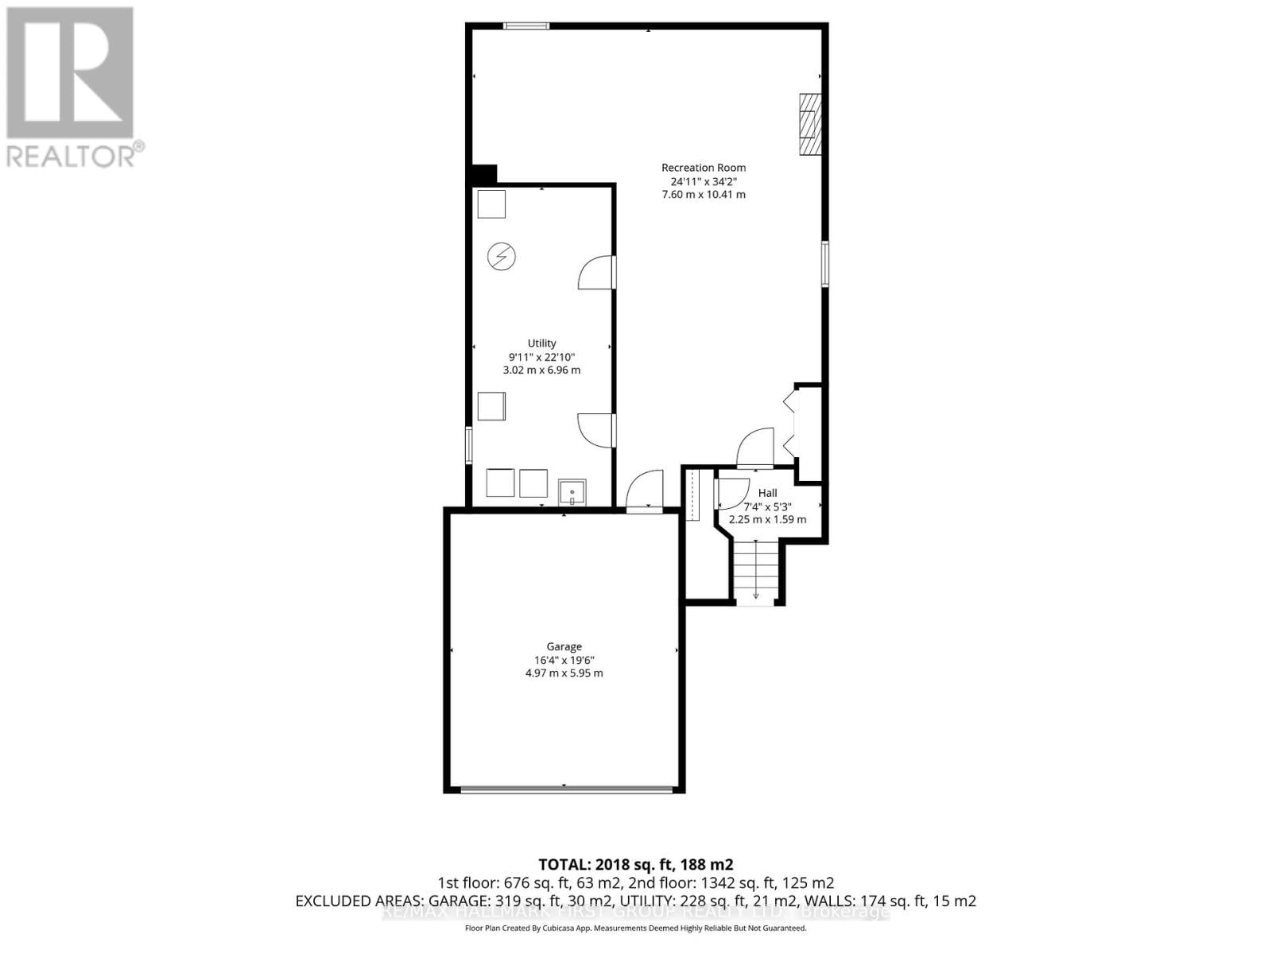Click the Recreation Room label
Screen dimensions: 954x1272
704,168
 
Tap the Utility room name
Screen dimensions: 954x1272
541,343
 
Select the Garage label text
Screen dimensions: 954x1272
564,646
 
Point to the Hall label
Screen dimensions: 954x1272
767,493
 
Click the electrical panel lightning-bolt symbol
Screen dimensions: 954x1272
502,257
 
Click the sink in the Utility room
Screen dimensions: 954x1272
572,492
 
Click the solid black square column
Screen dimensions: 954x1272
483,174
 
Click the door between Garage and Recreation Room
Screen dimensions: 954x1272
645,492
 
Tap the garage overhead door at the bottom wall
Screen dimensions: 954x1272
565,789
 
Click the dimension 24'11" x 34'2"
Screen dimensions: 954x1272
704,181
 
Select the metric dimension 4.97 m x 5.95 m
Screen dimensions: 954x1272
564,673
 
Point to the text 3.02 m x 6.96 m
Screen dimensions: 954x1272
541,370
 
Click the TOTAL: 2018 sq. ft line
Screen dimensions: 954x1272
635,864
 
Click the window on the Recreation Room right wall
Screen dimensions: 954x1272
825,264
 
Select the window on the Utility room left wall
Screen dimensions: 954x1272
469,445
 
